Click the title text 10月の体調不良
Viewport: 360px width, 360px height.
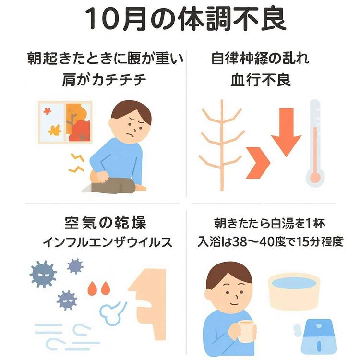pyautogui.click(x=185, y=19)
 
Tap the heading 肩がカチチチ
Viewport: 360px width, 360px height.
pyautogui.click(x=104, y=80)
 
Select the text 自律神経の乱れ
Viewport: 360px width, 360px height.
pyautogui.click(x=260, y=58)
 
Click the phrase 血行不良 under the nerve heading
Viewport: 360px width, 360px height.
pyautogui.click(x=261, y=80)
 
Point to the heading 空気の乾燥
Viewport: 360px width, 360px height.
pyautogui.click(x=106, y=223)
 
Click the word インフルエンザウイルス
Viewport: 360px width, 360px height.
pyautogui.click(x=108, y=242)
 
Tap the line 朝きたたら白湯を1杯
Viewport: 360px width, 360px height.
pyautogui.click(x=270, y=223)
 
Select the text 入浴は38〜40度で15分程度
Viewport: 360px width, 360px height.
pyautogui.click(x=270, y=241)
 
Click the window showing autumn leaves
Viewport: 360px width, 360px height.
pyautogui.click(x=65, y=122)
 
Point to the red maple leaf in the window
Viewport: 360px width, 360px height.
pyautogui.click(x=48, y=111)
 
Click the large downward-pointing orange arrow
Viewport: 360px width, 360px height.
pyautogui.click(x=286, y=132)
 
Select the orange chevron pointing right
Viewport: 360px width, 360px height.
pyautogui.click(x=258, y=163)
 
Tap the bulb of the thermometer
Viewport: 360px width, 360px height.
pyautogui.click(x=315, y=178)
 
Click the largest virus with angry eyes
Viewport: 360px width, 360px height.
pyautogui.click(x=43, y=274)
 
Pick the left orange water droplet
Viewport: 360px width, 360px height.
pyautogui.click(x=93, y=288)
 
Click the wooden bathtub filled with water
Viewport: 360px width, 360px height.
pyautogui.click(x=294, y=291)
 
